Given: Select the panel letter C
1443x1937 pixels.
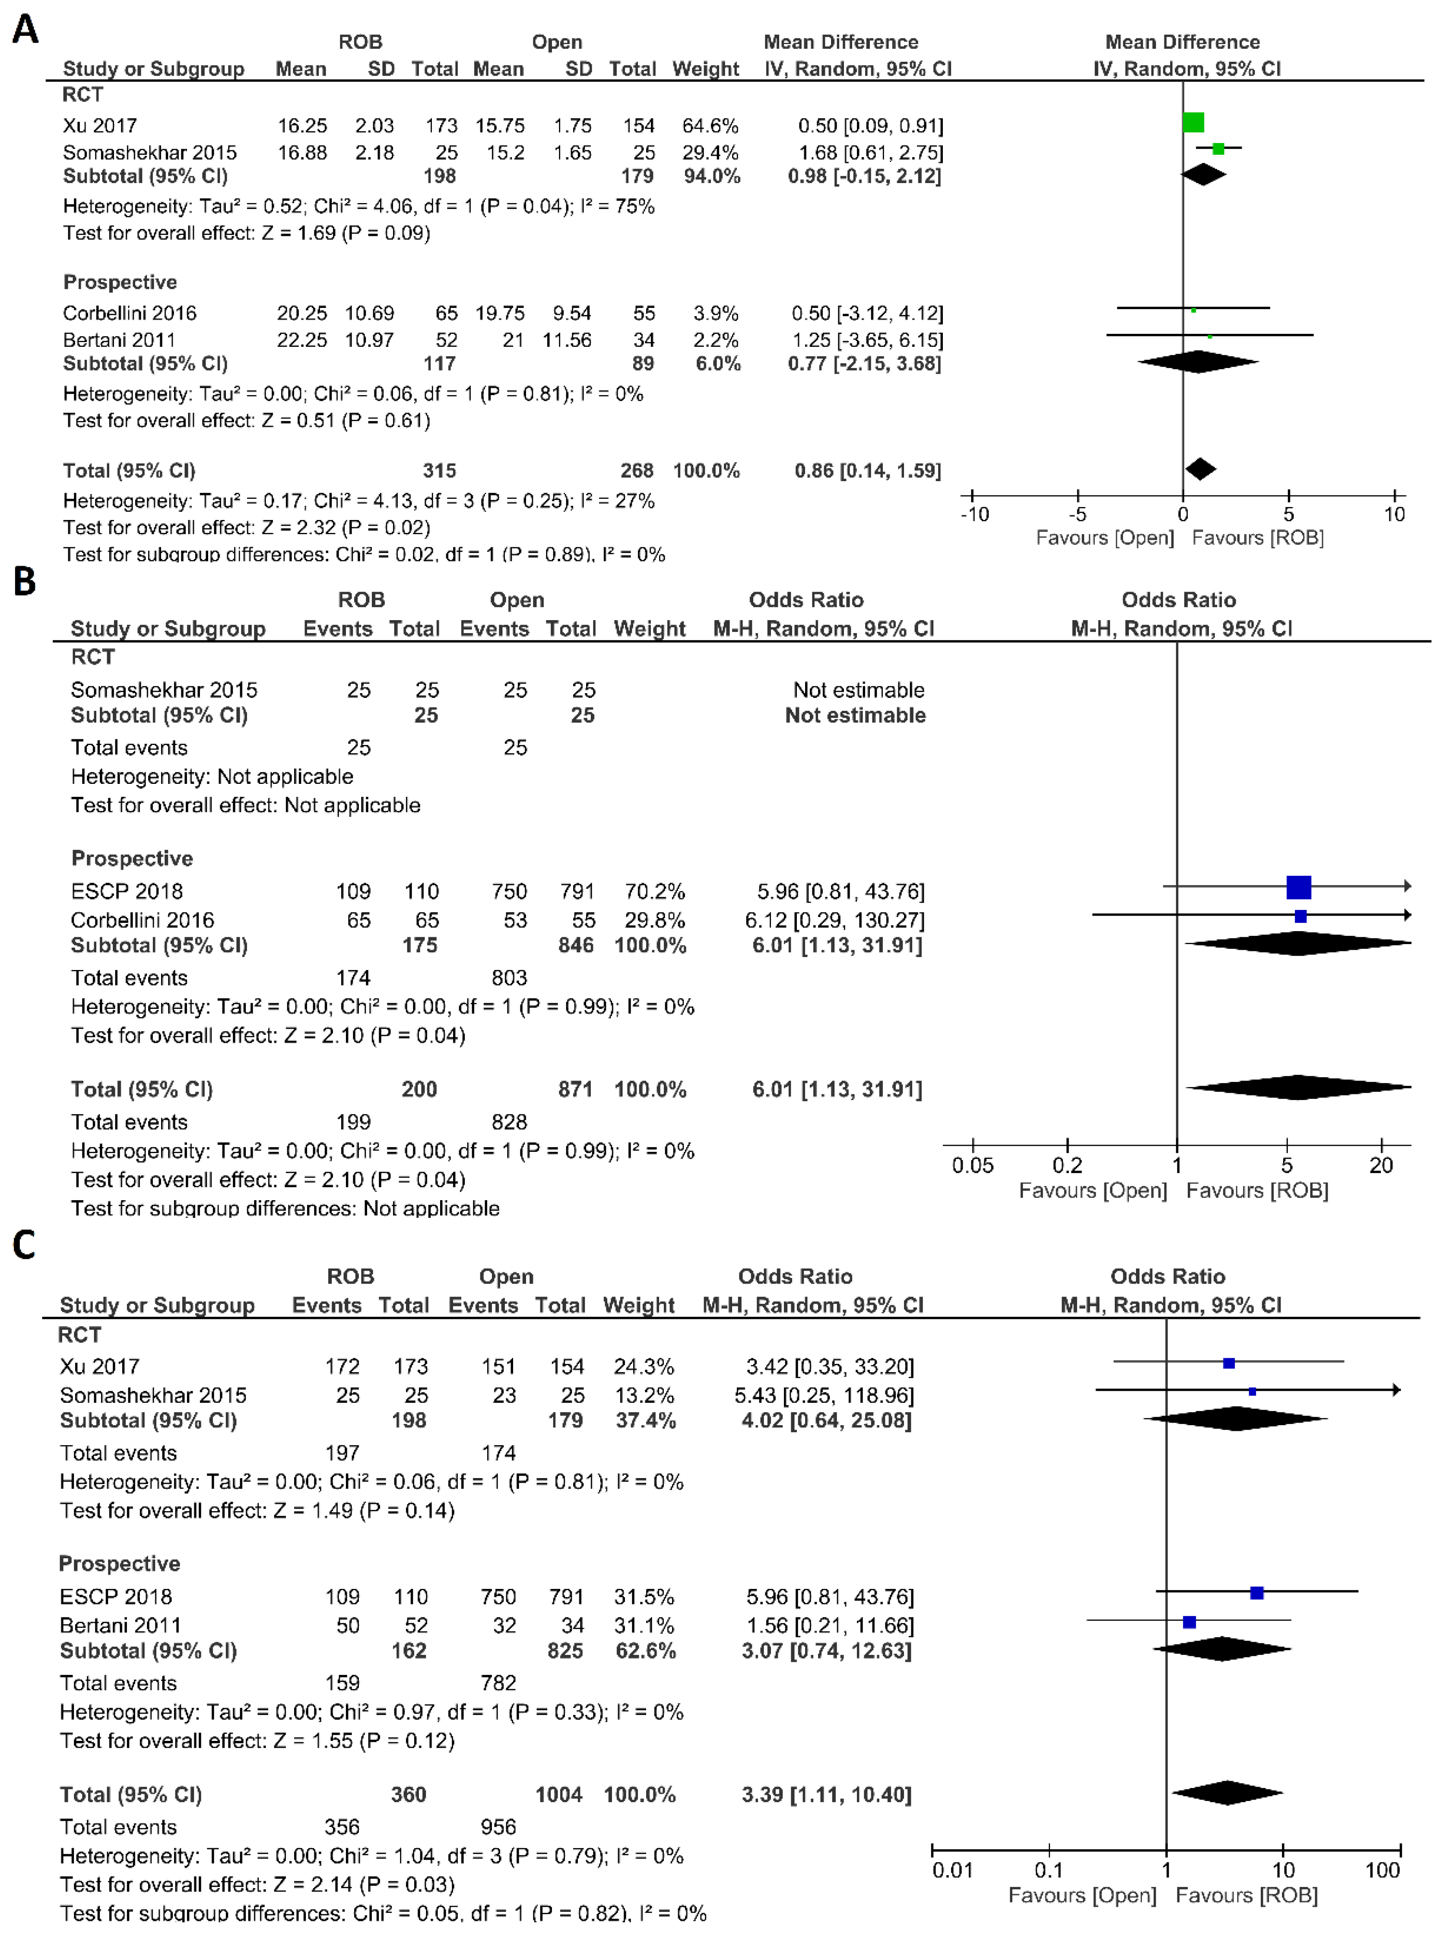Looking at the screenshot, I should pyautogui.click(x=24, y=1244).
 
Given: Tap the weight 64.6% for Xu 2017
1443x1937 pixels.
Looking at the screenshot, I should pyautogui.click(x=710, y=126).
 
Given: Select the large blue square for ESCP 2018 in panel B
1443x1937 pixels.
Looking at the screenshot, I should pyautogui.click(x=1299, y=887).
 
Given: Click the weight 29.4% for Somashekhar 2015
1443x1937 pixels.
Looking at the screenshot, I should pyautogui.click(x=710, y=153).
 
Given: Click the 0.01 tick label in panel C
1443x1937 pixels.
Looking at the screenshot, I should pyautogui.click(x=952, y=1870).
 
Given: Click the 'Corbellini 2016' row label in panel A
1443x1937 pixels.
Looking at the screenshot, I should pyautogui.click(x=129, y=313).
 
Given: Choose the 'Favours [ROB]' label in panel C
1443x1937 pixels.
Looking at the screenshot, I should pyautogui.click(x=1246, y=1895).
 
